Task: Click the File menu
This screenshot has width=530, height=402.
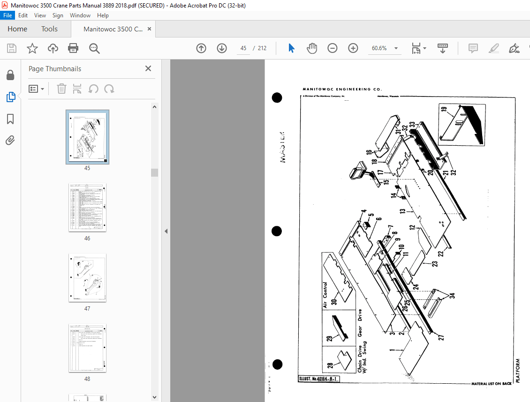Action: tap(8, 15)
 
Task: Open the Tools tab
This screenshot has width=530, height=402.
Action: tap(49, 29)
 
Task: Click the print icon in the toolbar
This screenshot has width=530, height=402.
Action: tap(73, 48)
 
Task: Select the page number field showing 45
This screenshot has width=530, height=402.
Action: tap(243, 48)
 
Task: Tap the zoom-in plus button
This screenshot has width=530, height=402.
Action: tap(353, 48)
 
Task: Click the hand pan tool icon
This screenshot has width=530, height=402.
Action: tap(312, 48)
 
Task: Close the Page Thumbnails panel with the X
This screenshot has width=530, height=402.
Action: tap(148, 68)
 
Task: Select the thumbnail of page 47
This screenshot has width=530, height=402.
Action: tap(87, 277)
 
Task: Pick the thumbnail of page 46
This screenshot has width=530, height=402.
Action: tap(87, 207)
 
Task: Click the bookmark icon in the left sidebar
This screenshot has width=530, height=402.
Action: tap(10, 119)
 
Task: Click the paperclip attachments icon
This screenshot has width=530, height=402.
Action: tap(10, 140)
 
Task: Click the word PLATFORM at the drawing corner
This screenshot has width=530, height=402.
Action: tap(518, 371)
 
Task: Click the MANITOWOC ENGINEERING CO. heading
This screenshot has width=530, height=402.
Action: tap(342, 89)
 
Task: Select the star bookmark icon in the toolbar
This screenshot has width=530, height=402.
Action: tap(32, 48)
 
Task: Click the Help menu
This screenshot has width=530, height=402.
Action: tap(103, 15)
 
